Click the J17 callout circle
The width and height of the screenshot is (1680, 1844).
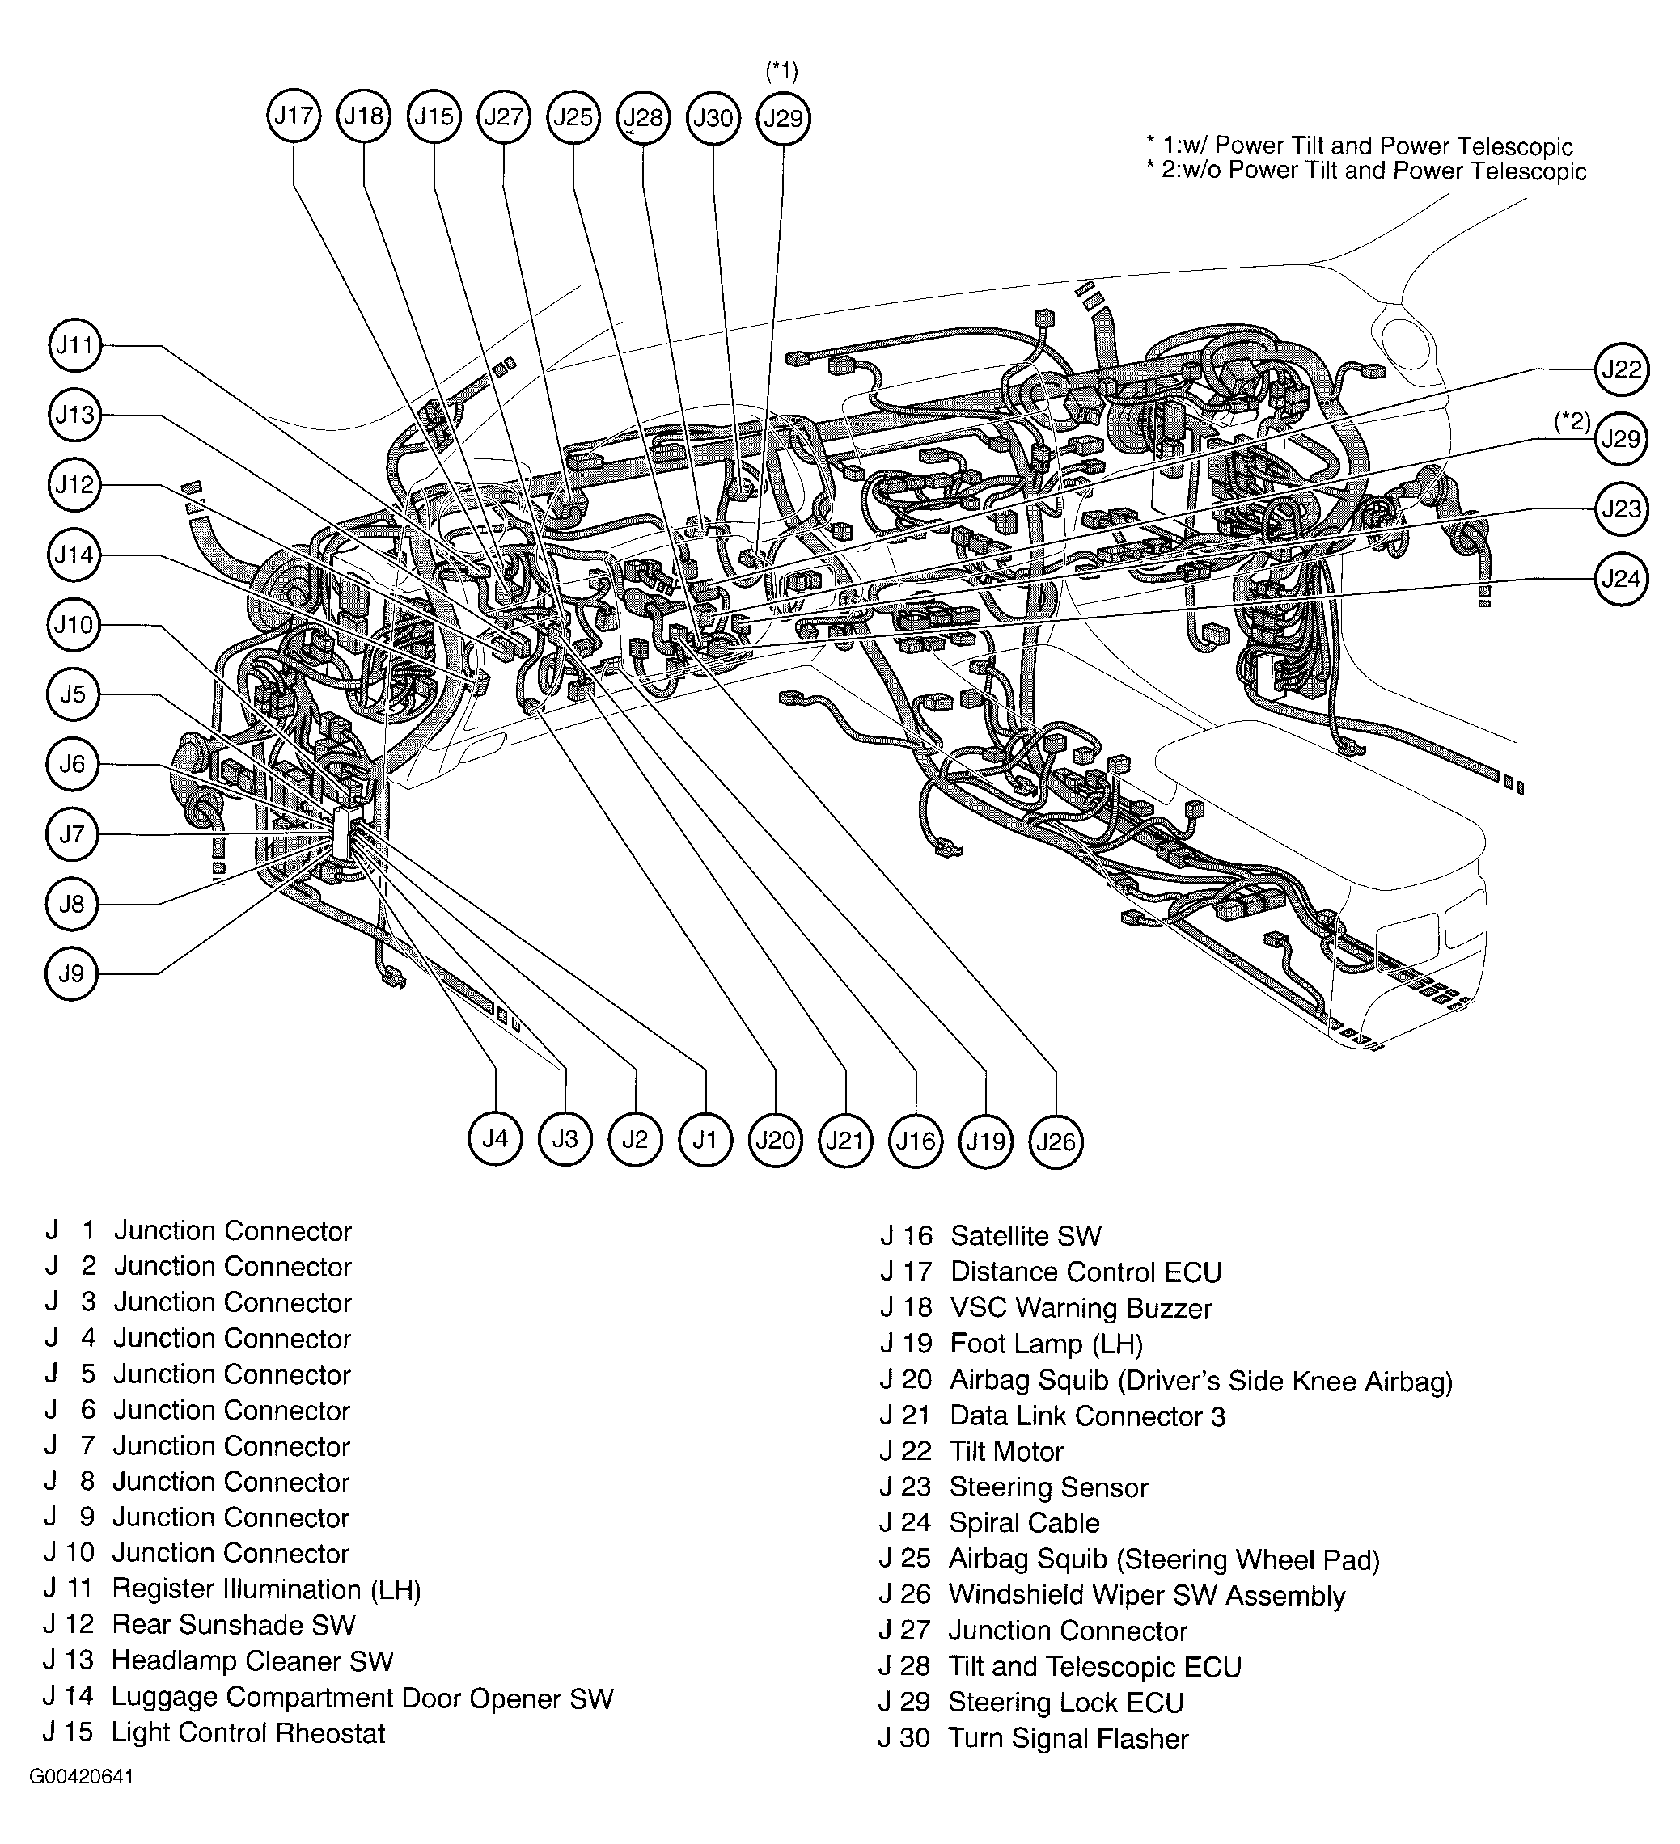294,116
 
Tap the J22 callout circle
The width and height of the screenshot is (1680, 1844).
1622,369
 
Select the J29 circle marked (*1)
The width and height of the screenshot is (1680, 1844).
783,118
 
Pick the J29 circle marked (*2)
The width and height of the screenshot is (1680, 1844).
1622,439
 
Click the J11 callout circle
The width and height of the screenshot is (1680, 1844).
74,345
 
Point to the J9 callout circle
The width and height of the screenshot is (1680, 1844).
71,973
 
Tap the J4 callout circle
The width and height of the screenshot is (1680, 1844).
495,1138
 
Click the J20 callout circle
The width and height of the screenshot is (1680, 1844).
776,1140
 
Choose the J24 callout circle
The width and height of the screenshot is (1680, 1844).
1622,578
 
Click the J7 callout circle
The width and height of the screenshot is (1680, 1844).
71,834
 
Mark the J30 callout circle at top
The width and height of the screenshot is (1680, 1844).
713,118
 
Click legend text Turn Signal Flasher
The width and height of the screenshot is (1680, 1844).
1068,1738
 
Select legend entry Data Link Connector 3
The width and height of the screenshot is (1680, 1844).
1087,1416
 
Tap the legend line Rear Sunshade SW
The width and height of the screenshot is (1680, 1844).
233,1624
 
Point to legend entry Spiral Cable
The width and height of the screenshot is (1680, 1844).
1024,1523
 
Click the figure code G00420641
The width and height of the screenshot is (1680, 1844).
82,1802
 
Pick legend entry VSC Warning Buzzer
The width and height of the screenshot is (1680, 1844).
1081,1308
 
